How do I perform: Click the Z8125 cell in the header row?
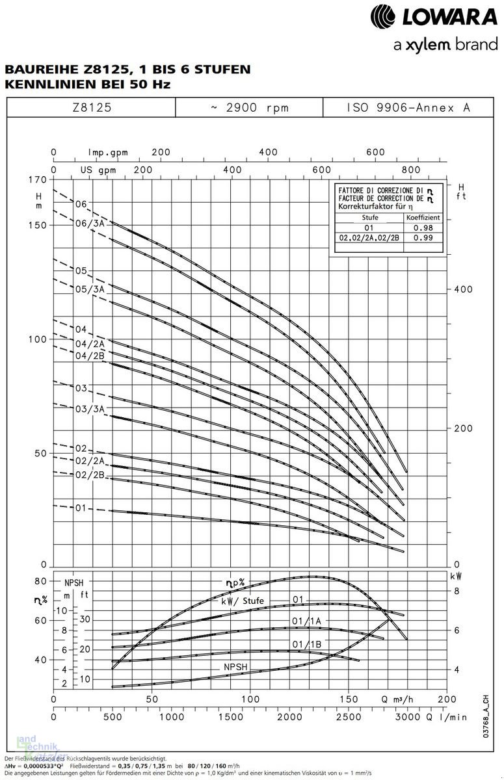pyautogui.click(x=92, y=108)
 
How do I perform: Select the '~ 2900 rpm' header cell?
pyautogui.click(x=250, y=108)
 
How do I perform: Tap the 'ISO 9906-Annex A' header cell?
pyautogui.click(x=408, y=108)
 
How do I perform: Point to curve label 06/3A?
pyautogui.click(x=90, y=224)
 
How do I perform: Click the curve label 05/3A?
pyautogui.click(x=90, y=288)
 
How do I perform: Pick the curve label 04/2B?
pyautogui.click(x=90, y=356)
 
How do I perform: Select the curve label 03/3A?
pyautogui.click(x=90, y=408)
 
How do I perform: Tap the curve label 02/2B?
pyautogui.click(x=90, y=475)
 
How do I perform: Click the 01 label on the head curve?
pyautogui.click(x=80, y=508)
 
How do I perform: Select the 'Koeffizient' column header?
pyautogui.click(x=424, y=218)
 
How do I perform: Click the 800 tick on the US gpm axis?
pyautogui.click(x=411, y=170)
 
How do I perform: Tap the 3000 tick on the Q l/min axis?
pyautogui.click(x=408, y=718)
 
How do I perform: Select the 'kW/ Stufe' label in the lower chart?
pyautogui.click(x=243, y=601)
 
